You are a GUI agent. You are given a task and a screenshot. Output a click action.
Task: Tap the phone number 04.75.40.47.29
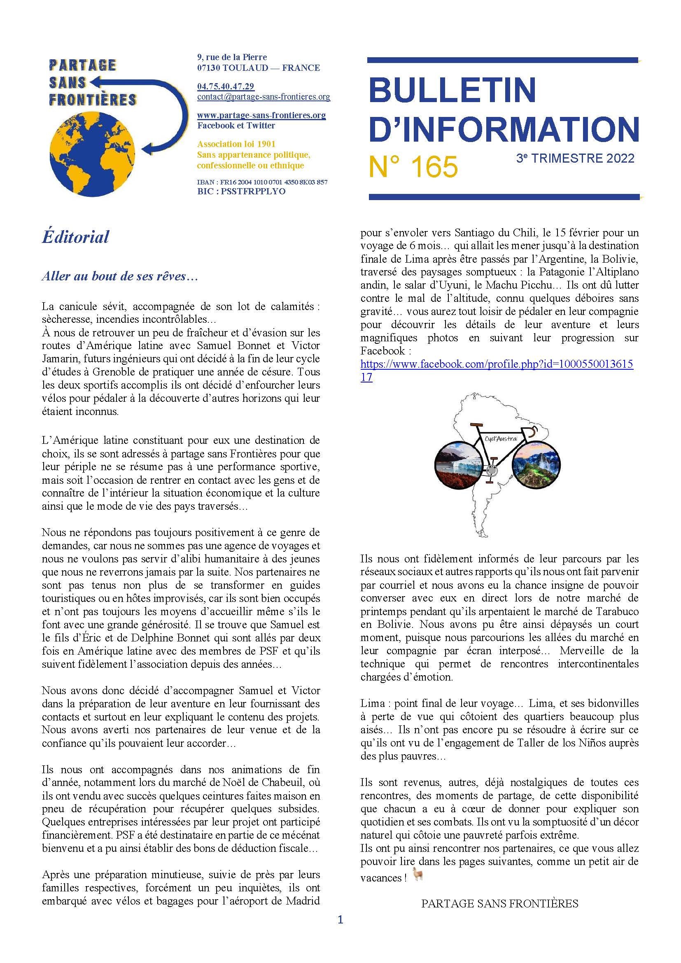(226, 86)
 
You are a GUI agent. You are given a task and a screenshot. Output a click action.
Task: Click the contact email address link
(264, 97)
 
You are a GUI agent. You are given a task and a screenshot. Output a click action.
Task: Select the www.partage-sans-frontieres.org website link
(261, 115)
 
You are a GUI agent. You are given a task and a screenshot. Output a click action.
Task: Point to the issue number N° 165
(413, 166)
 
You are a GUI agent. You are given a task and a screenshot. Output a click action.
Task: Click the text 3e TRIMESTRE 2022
(575, 158)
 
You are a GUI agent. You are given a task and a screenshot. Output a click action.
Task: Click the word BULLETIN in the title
(452, 90)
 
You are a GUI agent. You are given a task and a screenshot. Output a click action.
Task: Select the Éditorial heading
(75, 237)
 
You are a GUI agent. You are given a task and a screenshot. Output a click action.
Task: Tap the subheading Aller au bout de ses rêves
(119, 276)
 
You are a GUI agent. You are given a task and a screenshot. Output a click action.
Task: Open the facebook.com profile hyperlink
(497, 364)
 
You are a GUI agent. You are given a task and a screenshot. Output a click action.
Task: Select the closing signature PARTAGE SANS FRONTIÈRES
(499, 903)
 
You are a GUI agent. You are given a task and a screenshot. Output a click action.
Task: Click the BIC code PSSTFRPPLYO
(241, 191)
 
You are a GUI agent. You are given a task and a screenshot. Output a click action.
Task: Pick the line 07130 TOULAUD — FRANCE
(258, 68)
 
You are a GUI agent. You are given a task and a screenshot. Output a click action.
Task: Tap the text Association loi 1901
(236, 144)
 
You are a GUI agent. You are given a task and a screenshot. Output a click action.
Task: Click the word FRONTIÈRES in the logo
(93, 100)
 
